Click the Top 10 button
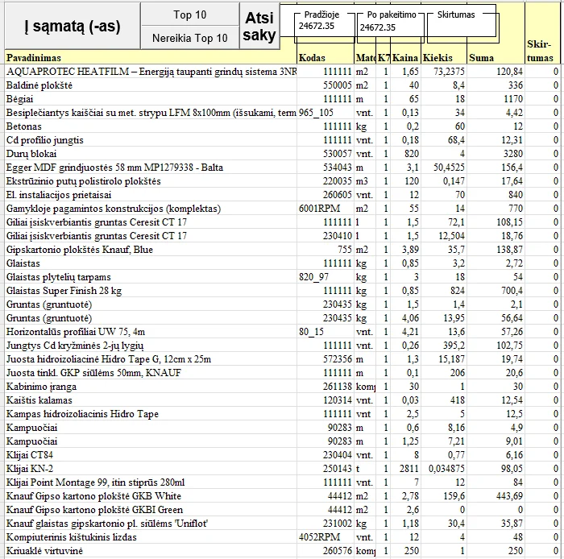190,14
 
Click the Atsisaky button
259,27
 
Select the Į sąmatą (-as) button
72,27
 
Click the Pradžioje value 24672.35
317,27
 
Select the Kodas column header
312,58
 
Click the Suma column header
482,58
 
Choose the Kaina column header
406,58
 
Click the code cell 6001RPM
316,209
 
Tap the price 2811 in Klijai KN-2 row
409,468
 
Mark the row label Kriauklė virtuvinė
44,550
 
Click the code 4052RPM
316,536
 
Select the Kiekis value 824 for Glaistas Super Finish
456,291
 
